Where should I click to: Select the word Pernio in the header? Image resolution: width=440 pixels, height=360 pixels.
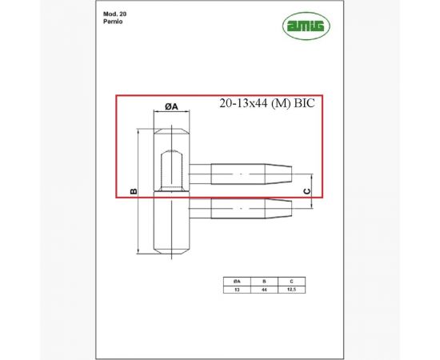[113, 23]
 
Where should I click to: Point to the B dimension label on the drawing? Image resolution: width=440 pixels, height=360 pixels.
[134, 191]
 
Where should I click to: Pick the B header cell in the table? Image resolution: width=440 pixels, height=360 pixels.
[263, 282]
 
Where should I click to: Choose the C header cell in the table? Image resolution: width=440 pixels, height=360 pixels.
[291, 282]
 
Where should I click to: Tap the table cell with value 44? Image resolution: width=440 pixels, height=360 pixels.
[263, 290]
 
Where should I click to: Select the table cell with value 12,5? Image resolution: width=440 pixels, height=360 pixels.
[291, 290]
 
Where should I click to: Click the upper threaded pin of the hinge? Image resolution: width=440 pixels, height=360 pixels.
[248, 174]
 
